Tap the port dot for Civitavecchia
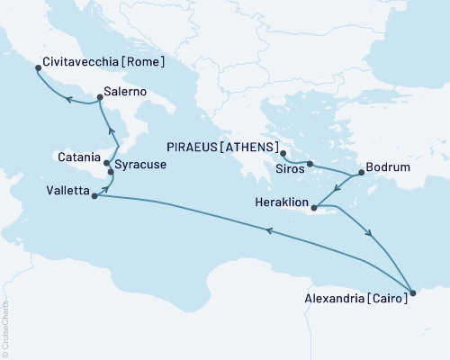(x=37, y=67)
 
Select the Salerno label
(x=126, y=92)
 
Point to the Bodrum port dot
(x=360, y=172)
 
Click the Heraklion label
(x=278, y=203)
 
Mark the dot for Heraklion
(x=315, y=209)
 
